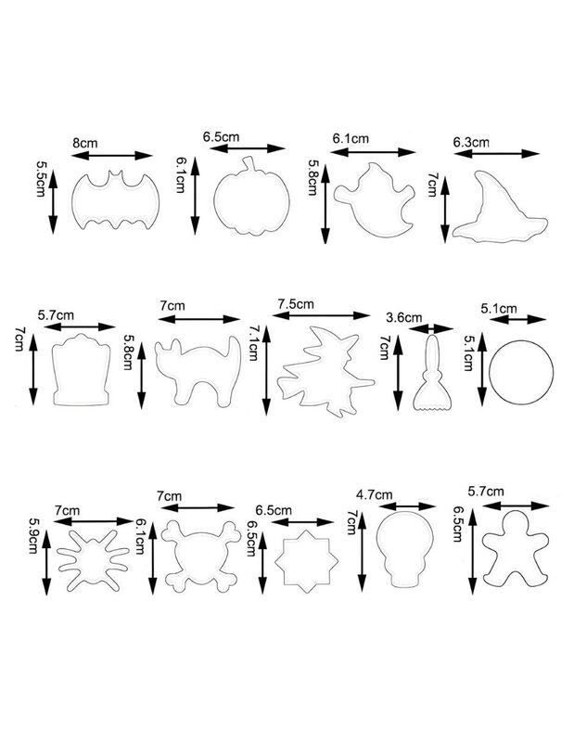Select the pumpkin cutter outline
click(215, 201)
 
